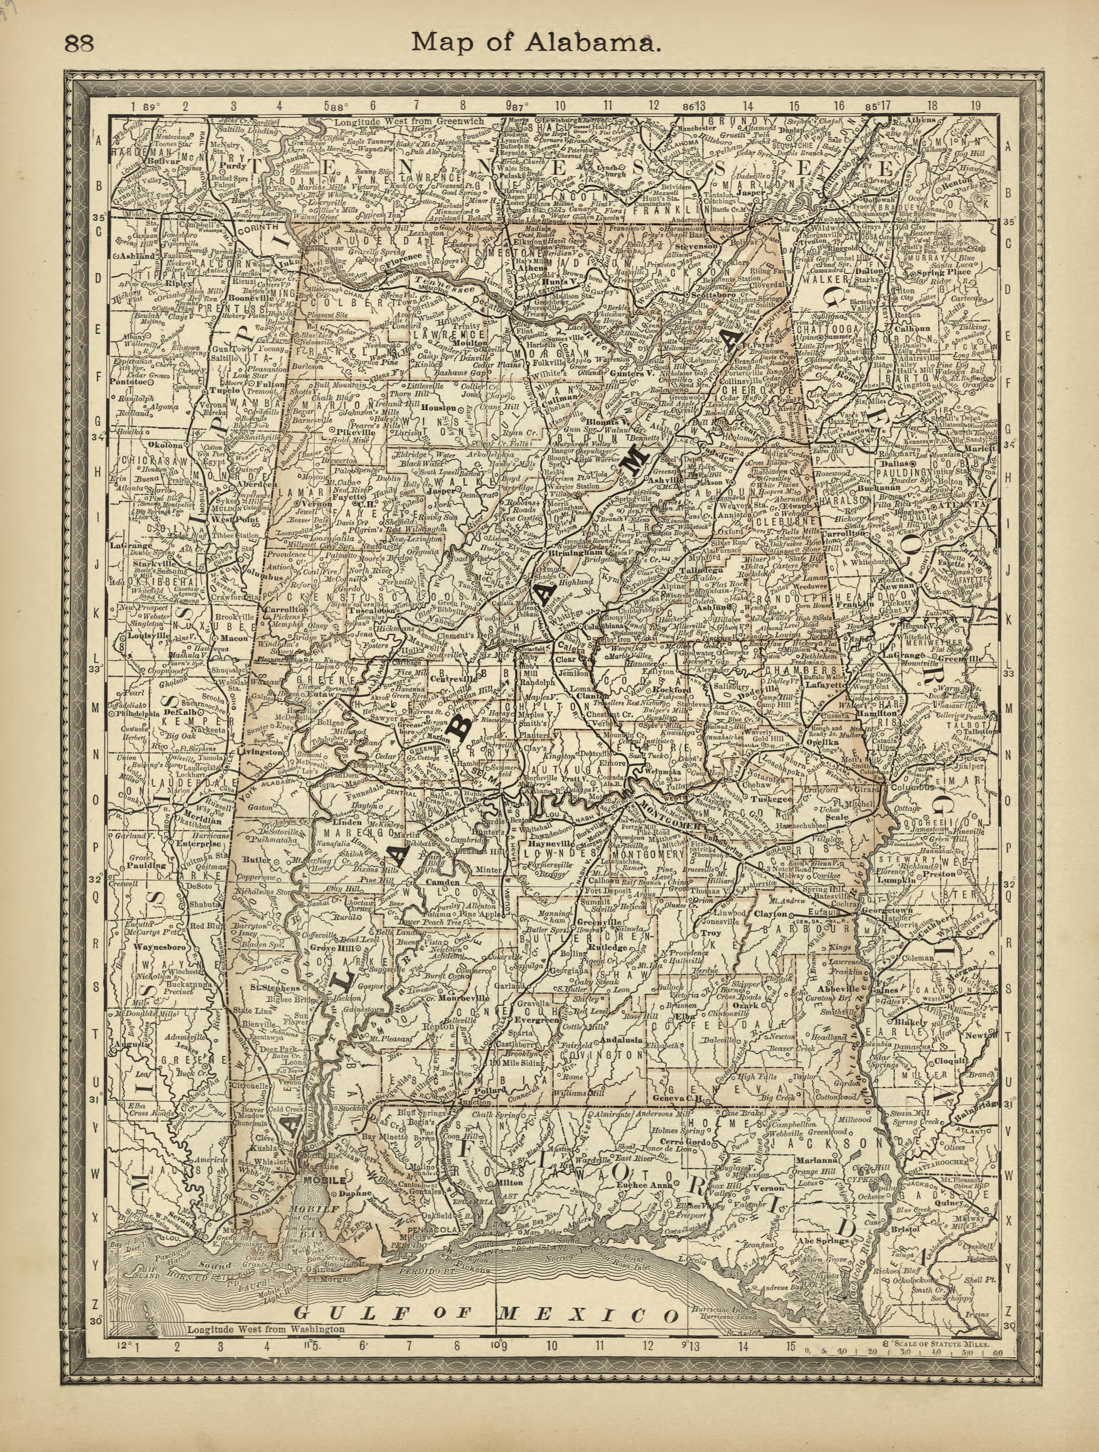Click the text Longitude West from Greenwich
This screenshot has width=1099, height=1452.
click(x=408, y=121)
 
